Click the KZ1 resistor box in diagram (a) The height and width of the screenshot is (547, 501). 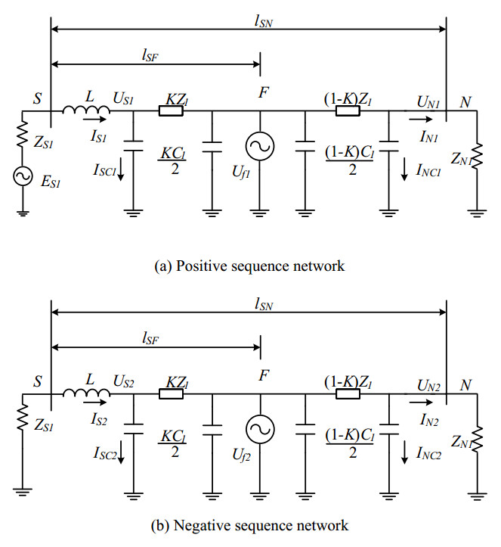(x=172, y=110)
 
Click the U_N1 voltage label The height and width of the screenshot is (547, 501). (x=428, y=99)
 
